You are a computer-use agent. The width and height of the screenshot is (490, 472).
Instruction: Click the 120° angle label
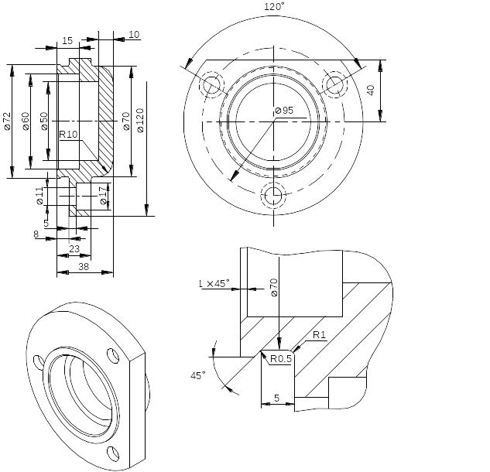[274, 6]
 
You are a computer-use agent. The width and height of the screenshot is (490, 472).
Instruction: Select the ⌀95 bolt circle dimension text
[284, 111]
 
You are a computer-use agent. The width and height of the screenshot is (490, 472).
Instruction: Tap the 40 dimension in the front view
[371, 91]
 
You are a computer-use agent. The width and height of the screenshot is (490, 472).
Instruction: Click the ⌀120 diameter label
[140, 120]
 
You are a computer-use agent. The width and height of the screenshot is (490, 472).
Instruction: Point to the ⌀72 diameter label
[7, 121]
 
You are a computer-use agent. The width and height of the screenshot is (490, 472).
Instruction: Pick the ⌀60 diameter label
[26, 121]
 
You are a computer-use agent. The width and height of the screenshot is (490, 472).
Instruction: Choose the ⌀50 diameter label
[44, 121]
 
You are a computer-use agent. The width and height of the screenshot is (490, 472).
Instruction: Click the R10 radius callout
[68, 135]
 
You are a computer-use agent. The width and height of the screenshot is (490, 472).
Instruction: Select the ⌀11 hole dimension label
[39, 197]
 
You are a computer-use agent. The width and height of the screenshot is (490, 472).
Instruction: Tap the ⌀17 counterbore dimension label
[104, 196]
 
